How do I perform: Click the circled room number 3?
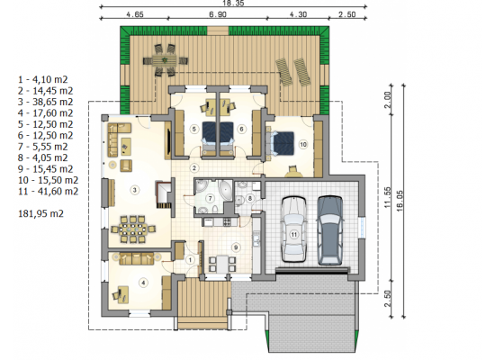pyautogui.click(x=135, y=190)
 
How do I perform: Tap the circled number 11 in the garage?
pyautogui.click(x=294, y=234)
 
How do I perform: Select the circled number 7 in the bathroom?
pyautogui.click(x=210, y=198)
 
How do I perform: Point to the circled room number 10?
pyautogui.click(x=303, y=145)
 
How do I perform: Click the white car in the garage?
pyautogui.click(x=294, y=229)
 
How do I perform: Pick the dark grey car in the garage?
pyautogui.click(x=330, y=230)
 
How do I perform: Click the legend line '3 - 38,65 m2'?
pyautogui.click(x=46, y=102)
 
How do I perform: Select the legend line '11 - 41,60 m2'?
pyautogui.click(x=49, y=192)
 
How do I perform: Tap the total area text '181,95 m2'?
pyautogui.click(x=41, y=214)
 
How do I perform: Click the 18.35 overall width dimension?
pyautogui.click(x=233, y=3)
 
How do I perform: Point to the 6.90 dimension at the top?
pyautogui.click(x=218, y=14)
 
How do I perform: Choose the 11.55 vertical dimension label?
pyautogui.click(x=388, y=197)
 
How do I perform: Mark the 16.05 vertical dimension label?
pyautogui.click(x=400, y=201)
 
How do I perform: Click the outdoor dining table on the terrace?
pyautogui.click(x=165, y=60)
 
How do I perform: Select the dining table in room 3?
pyautogui.click(x=132, y=229)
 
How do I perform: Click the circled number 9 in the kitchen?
pyautogui.click(x=236, y=247)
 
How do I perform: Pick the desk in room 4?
pyautogui.click(x=123, y=294)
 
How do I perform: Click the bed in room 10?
pyautogui.click(x=281, y=143)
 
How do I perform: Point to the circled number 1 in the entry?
pyautogui.click(x=190, y=260)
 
